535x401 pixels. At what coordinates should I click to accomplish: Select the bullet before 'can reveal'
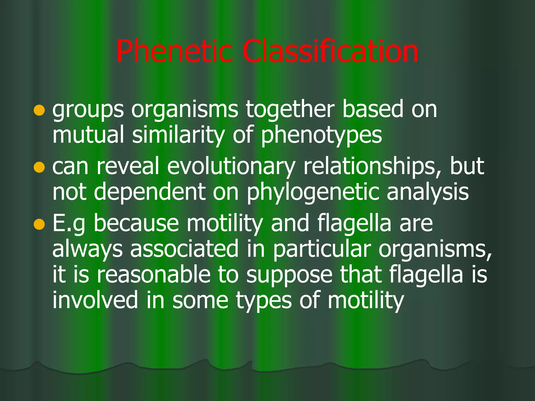[39, 167]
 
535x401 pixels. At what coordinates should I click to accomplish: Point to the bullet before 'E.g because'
[39, 224]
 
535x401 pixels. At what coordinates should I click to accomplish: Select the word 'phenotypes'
[321, 136]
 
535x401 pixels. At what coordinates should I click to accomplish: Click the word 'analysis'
[428, 192]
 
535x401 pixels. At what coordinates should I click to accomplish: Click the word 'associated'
[184, 249]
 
